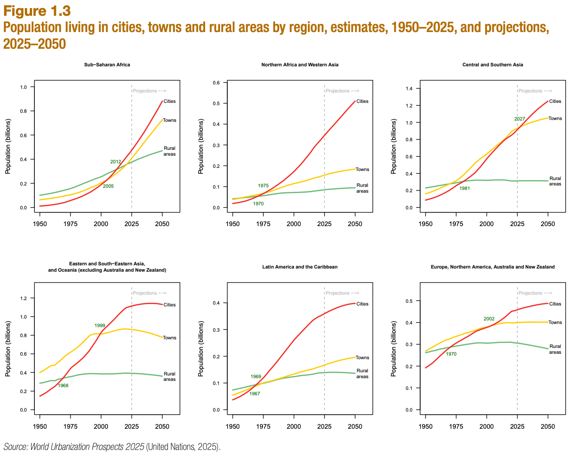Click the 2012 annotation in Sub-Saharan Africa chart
coord(116,162)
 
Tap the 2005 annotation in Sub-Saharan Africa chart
coord(108,186)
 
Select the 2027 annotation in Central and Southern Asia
coord(520,119)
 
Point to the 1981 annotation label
coord(464,188)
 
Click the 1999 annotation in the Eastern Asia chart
coord(100,325)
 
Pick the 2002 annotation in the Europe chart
coord(489,319)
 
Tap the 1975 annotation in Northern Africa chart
coord(263,185)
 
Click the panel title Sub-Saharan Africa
coord(107,65)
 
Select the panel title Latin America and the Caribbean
coord(300,267)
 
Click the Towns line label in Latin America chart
coord(362,357)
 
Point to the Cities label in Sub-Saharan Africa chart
coord(169,101)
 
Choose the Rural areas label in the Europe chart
coord(555,349)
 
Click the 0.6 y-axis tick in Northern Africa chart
coord(216,83)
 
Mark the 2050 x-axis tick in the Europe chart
coord(548,426)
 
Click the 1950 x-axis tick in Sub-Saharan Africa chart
coord(40,224)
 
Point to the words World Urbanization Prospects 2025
coord(87,447)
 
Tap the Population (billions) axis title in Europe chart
coord(394,348)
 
